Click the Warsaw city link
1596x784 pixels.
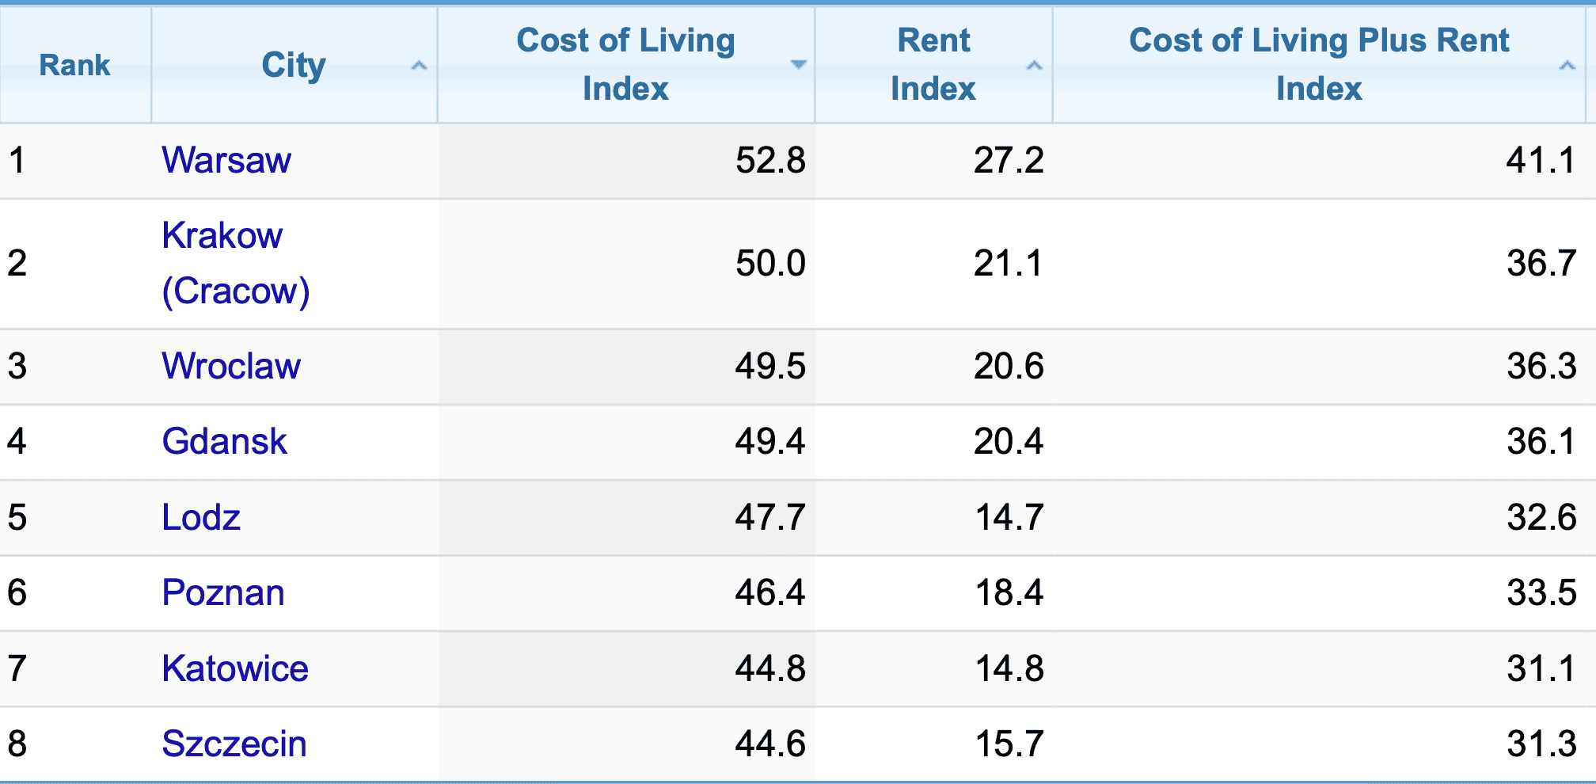coord(226,160)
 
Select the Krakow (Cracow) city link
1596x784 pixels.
coord(235,263)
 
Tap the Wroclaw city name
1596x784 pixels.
coord(231,366)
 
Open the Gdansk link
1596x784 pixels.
coord(224,441)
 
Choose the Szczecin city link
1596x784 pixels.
coord(234,744)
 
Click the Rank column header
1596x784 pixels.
coord(75,65)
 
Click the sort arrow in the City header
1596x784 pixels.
coord(419,65)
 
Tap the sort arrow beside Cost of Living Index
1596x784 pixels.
coord(798,64)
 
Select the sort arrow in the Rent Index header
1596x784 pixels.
coord(1034,65)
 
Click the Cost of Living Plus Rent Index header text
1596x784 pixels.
coord(1319,64)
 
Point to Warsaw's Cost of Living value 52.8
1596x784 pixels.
coord(769,160)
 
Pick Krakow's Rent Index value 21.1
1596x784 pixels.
coord(1008,263)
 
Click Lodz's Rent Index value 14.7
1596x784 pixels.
coord(1009,517)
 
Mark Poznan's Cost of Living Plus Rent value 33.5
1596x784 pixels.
coord(1541,592)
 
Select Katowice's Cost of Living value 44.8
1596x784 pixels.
coord(769,668)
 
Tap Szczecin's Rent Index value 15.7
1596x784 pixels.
coord(1009,744)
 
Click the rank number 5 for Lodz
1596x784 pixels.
coord(17,517)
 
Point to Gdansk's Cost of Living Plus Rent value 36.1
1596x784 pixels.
coord(1541,441)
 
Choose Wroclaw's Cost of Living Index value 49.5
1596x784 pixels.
coord(769,366)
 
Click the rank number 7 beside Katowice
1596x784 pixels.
coord(17,668)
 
